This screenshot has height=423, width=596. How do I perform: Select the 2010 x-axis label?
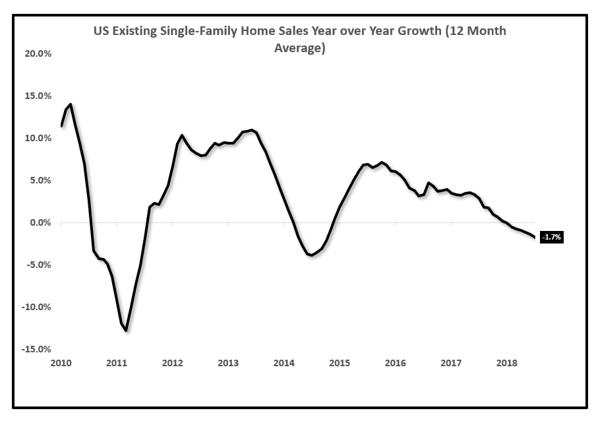pyautogui.click(x=60, y=363)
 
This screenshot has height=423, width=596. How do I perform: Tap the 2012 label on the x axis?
pyautogui.click(x=172, y=363)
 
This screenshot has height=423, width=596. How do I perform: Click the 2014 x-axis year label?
pyautogui.click(x=283, y=363)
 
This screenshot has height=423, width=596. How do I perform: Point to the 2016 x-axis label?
pyautogui.click(x=395, y=363)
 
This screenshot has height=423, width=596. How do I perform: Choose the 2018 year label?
pyautogui.click(x=506, y=363)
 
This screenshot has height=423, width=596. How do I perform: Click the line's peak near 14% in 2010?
pyautogui.click(x=71, y=104)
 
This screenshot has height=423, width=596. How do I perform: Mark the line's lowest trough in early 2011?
pyautogui.click(x=126, y=330)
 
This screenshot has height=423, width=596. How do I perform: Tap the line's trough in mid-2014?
pyautogui.click(x=311, y=255)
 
